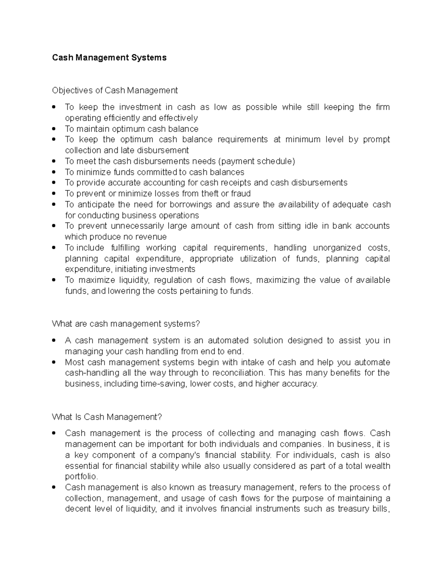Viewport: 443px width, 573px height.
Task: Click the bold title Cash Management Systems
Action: pyautogui.click(x=109, y=58)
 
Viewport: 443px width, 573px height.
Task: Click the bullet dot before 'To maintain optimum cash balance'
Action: pyautogui.click(x=54, y=129)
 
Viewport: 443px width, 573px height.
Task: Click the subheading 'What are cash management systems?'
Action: pyautogui.click(x=126, y=324)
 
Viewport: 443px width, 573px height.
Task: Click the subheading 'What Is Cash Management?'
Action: pyautogui.click(x=107, y=417)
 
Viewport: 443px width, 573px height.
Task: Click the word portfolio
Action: pyautogui.click(x=81, y=477)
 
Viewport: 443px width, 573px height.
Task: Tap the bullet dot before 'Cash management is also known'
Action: pyautogui.click(x=54, y=487)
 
